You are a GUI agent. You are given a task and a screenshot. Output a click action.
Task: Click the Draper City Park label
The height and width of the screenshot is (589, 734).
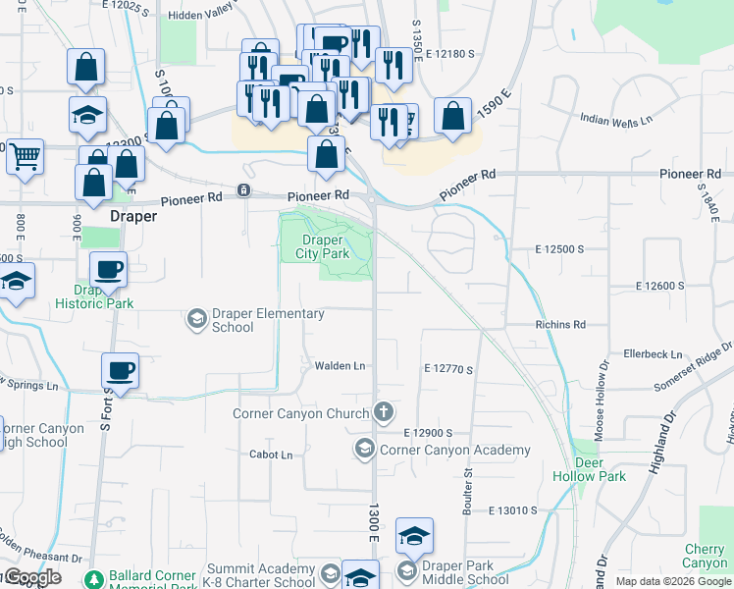tap(323, 246)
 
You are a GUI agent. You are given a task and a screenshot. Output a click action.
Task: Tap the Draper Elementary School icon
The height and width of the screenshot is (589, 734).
tap(196, 318)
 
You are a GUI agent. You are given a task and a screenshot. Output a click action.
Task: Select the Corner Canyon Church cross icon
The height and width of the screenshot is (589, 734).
tap(384, 412)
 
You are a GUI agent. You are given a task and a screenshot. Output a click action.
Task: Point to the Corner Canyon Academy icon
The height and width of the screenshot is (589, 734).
tap(364, 450)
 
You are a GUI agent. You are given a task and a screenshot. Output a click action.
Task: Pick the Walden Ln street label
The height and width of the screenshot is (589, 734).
tap(340, 366)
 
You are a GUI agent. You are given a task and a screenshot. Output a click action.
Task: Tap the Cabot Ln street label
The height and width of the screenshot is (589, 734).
tap(271, 455)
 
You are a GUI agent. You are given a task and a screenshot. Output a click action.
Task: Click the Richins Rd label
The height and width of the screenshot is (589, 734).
tap(560, 324)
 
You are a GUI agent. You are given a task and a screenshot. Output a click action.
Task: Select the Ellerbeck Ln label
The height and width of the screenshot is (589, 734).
tap(653, 353)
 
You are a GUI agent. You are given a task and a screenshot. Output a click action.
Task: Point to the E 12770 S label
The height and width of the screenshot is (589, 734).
tap(449, 370)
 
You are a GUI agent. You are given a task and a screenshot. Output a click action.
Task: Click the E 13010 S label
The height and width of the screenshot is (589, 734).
tap(514, 510)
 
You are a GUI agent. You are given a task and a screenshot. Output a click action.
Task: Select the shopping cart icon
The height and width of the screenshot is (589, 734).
tap(25, 156)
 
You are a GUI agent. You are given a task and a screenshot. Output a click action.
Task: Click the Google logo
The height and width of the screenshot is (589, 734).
tap(32, 577)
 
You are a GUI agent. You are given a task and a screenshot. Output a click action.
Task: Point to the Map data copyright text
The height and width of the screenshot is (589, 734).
tap(672, 581)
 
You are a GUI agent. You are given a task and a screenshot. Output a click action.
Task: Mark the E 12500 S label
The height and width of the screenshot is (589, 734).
tap(559, 249)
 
